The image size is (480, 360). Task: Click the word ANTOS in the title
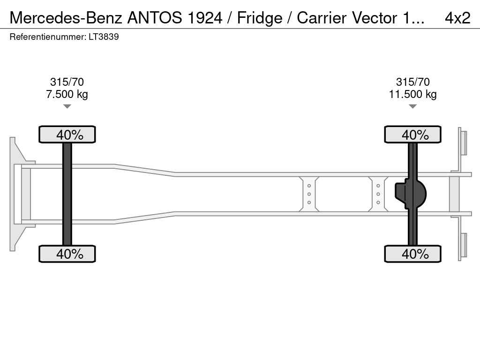pyautogui.click(x=154, y=18)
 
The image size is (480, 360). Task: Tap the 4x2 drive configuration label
pyautogui.click(x=457, y=18)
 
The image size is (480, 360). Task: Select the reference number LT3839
pyautogui.click(x=104, y=37)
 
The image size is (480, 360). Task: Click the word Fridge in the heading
pyautogui.click(x=260, y=18)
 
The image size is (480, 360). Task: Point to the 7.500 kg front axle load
pyautogui.click(x=67, y=94)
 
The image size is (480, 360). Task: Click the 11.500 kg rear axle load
pyautogui.click(x=412, y=94)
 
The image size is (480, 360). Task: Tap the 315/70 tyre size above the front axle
pyautogui.click(x=67, y=82)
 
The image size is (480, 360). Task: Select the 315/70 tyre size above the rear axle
pyautogui.click(x=412, y=82)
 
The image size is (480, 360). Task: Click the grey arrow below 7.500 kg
pyautogui.click(x=67, y=106)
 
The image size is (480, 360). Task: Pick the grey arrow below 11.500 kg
pyautogui.click(x=412, y=106)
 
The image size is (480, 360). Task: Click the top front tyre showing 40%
pyautogui.click(x=67, y=135)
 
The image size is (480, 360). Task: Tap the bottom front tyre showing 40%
pyautogui.click(x=67, y=254)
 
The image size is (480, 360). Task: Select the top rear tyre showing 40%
pyautogui.click(x=412, y=135)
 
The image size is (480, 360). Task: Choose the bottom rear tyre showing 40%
pyautogui.click(x=412, y=254)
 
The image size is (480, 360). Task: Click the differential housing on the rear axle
pyautogui.click(x=411, y=194)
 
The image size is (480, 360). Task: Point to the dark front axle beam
pyautogui.click(x=67, y=194)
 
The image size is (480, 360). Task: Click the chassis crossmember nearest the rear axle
pyautogui.click(x=378, y=194)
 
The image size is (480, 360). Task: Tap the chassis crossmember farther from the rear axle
pyautogui.click(x=309, y=194)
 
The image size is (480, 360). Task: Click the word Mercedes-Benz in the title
pyautogui.click(x=66, y=18)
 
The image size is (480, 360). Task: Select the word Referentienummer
pyautogui.click(x=48, y=37)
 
